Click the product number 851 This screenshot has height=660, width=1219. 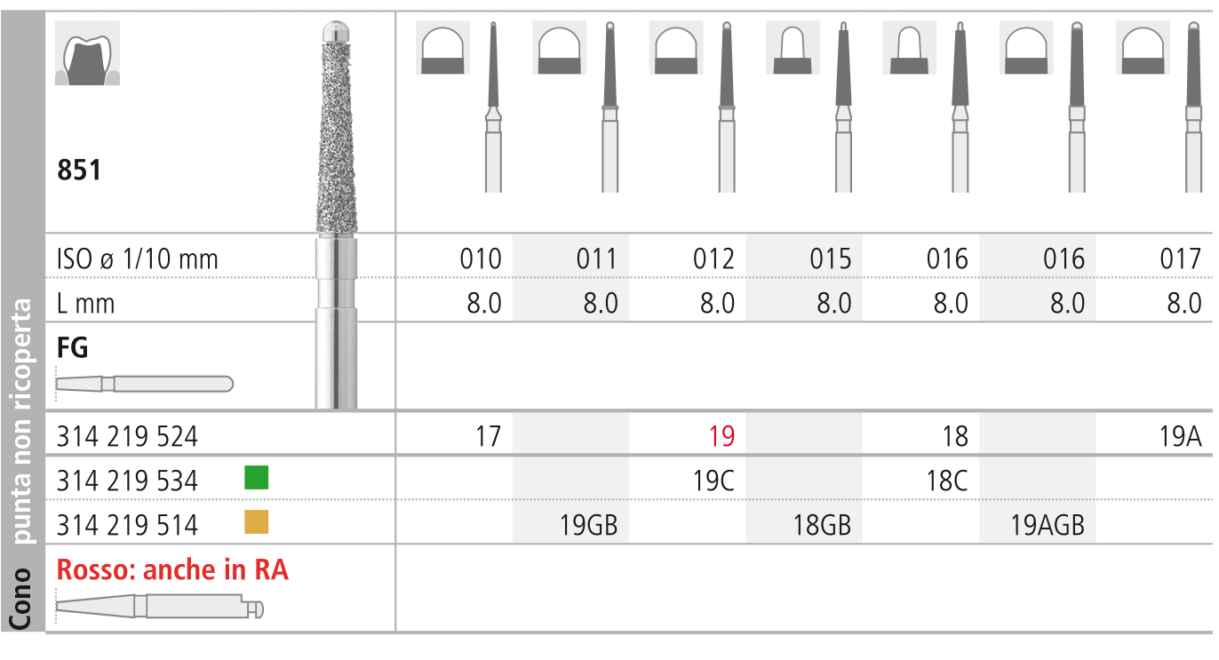click(79, 170)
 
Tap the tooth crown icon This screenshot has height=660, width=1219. click(87, 52)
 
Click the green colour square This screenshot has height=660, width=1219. click(256, 477)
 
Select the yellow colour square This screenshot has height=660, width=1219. click(256, 521)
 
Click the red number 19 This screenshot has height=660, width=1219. click(721, 436)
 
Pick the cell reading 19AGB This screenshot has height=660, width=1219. click(1048, 525)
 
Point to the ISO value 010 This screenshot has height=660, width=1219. click(481, 259)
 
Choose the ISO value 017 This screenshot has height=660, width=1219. click(1181, 259)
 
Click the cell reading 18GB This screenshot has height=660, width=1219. click(822, 525)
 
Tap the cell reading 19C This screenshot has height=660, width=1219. click(713, 481)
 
